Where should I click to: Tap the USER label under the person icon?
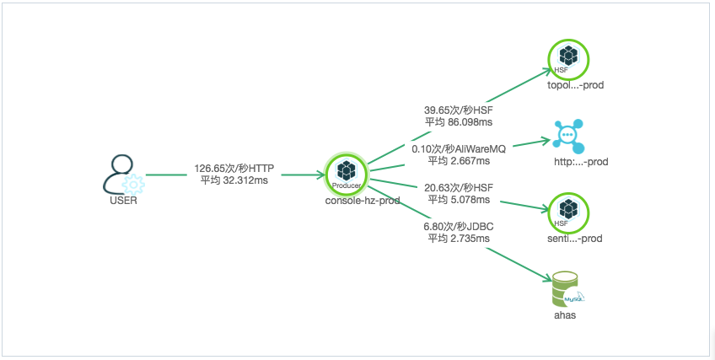coord(124,201)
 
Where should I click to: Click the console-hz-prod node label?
coord(363,201)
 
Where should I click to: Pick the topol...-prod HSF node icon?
coord(568,59)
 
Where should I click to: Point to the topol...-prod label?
coord(576,85)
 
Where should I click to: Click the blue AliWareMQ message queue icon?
coord(568,137)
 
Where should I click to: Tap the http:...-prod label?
coord(581,162)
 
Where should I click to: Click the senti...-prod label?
coord(574,239)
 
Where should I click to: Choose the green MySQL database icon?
coord(567,289)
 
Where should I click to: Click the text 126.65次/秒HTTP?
coord(234,169)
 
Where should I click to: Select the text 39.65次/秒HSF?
coord(459,110)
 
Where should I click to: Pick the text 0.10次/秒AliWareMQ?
coord(459,148)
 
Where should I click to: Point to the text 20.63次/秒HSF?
coord(459,187)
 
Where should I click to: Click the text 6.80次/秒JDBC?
coord(459,226)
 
